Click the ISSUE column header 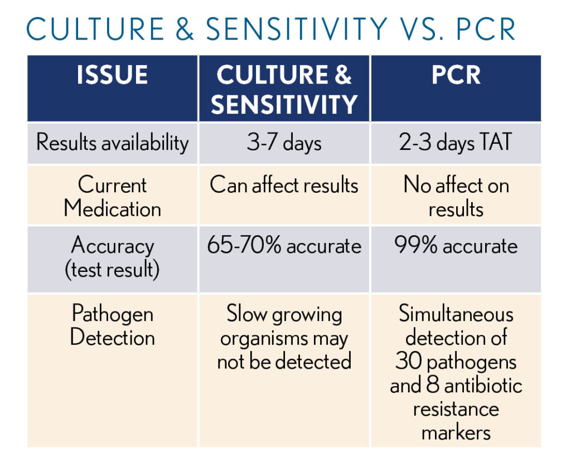[x=112, y=75]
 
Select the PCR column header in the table [x=456, y=75]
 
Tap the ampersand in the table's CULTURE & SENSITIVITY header [x=343, y=75]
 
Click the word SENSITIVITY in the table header [x=284, y=104]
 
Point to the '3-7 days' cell [x=284, y=142]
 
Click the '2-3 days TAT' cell [x=456, y=142]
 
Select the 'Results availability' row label [x=113, y=142]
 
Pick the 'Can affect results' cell [x=284, y=185]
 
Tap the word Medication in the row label [x=113, y=209]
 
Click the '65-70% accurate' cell [x=284, y=245]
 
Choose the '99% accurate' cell [x=456, y=245]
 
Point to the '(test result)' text [x=112, y=270]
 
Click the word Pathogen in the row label [x=113, y=314]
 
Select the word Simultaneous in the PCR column [x=456, y=314]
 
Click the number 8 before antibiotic [x=433, y=385]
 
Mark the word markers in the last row [x=456, y=433]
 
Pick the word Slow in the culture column [x=246, y=314]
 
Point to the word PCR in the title [x=486, y=29]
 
